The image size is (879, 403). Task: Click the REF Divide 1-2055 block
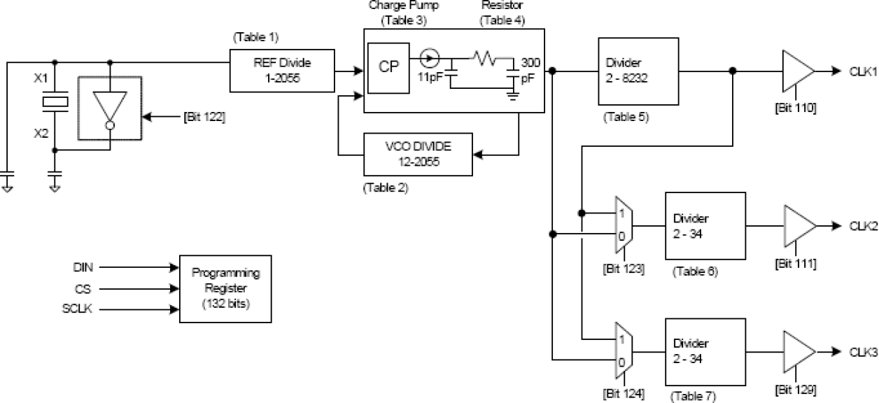tap(283, 71)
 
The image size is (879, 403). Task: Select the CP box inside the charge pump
tap(388, 68)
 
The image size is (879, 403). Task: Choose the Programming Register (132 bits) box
tap(225, 288)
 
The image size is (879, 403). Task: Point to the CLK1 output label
tap(863, 71)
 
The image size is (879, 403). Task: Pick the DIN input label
tap(83, 267)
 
